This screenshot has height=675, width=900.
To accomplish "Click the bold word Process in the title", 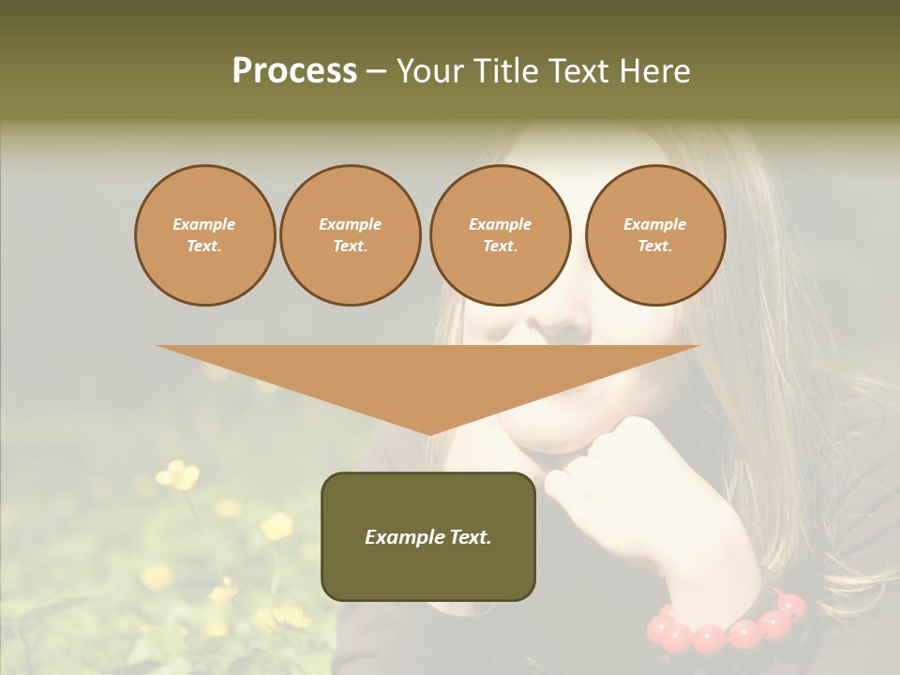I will pos(294,71).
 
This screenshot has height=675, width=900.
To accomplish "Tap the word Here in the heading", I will pos(655,71).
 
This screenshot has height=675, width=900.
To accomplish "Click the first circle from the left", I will pos(204,234).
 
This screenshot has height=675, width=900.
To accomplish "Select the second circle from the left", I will pos(351,234).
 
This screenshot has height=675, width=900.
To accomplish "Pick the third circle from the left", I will pos(500,234).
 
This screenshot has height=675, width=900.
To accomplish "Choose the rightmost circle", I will pos(655,234).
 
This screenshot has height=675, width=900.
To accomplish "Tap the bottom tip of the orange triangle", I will pos(429,434).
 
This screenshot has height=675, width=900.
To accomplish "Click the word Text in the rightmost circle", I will pos(654,246).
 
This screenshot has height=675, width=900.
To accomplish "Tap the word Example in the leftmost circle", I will pos(204,224).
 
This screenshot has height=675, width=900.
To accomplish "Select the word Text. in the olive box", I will pos(467,537).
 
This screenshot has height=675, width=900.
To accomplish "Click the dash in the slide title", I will pos(376,71).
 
